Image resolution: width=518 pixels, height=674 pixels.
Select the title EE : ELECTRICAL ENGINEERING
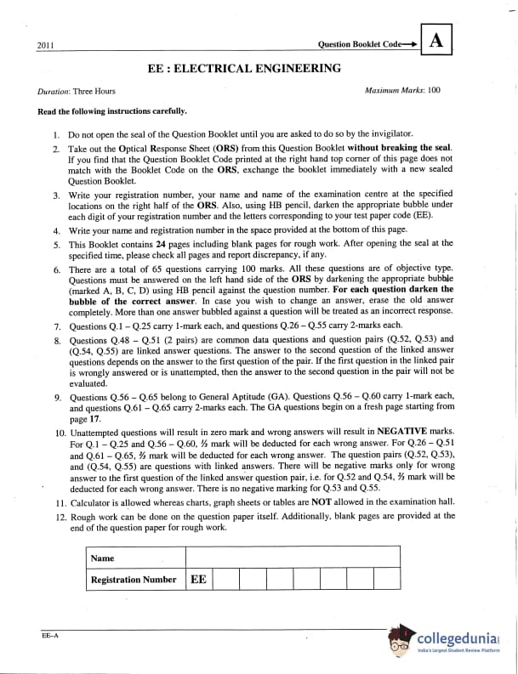click(244, 68)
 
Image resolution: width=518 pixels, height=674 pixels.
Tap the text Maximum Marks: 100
click(402, 90)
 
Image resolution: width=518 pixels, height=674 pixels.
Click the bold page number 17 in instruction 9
click(94, 419)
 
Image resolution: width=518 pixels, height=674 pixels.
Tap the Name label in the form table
click(103, 558)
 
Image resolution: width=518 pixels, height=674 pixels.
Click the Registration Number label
click(134, 580)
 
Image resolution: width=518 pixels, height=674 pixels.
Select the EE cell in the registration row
click(198, 579)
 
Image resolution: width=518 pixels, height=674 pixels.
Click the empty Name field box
click(292, 558)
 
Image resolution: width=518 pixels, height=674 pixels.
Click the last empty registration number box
click(387, 579)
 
